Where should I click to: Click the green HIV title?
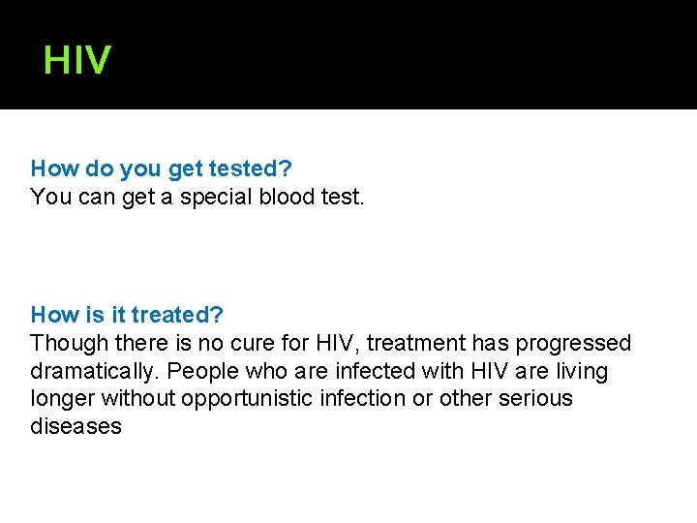tap(77, 61)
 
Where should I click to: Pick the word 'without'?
tap(137, 399)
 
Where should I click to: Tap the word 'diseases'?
tap(76, 427)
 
